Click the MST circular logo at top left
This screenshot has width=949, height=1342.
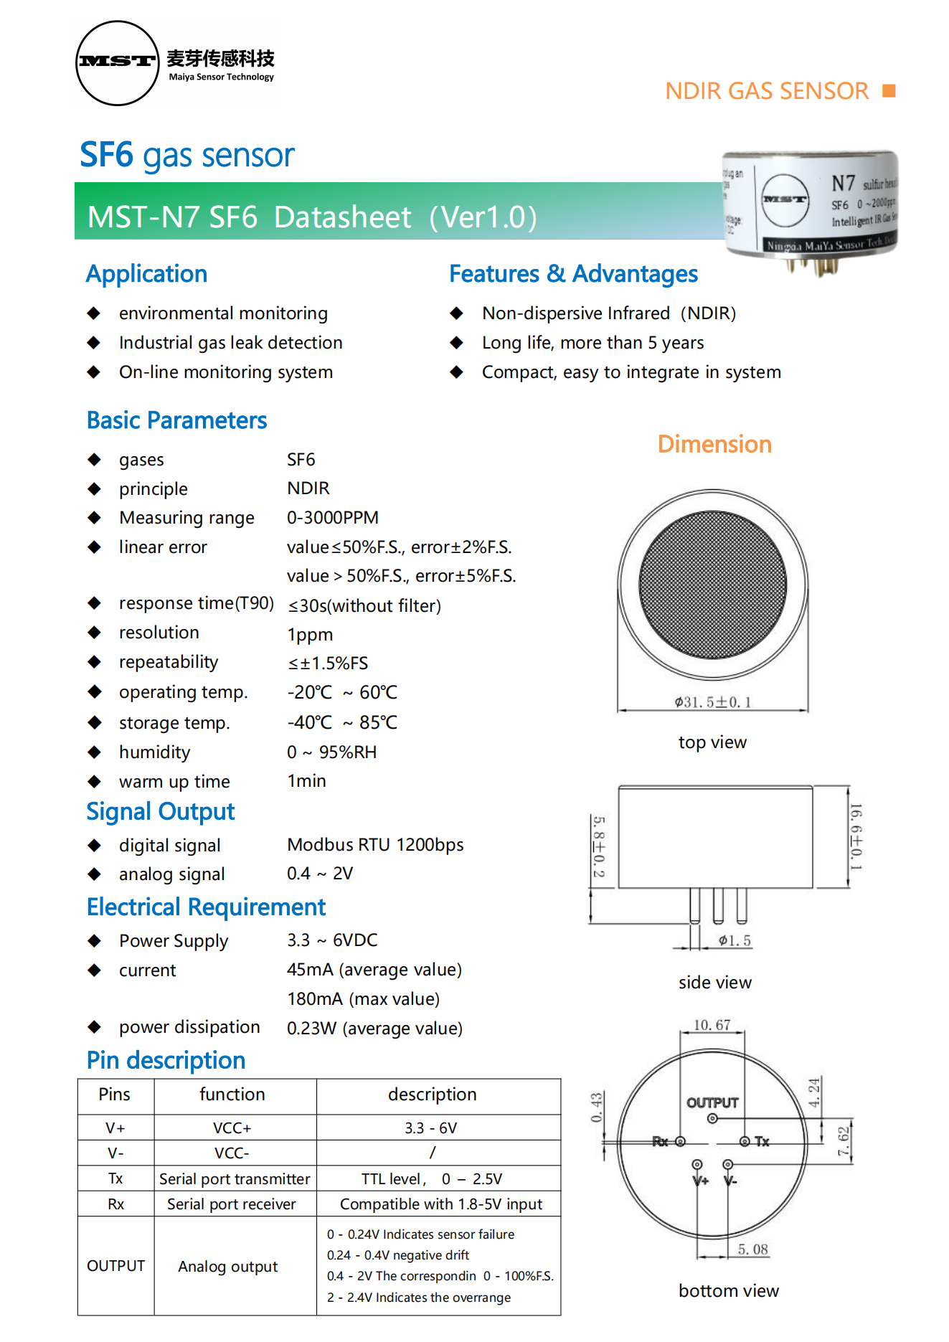tap(117, 63)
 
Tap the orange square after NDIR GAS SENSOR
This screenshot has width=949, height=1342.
tap(889, 90)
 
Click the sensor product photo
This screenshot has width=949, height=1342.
tap(811, 208)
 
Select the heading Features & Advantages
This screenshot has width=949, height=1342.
tap(573, 274)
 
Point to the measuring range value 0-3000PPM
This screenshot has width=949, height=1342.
tap(332, 518)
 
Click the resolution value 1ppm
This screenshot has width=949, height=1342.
tap(310, 635)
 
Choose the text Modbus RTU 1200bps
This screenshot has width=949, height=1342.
tap(375, 845)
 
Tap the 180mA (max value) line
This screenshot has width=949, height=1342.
tap(363, 999)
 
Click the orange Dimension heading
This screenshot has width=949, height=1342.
tap(714, 445)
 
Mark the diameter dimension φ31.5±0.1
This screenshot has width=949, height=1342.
tap(712, 702)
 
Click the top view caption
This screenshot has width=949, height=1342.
tap(712, 742)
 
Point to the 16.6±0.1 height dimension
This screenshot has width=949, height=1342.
tap(856, 836)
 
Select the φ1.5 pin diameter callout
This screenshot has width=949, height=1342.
tap(735, 941)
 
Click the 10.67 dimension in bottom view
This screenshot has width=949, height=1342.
tap(712, 1025)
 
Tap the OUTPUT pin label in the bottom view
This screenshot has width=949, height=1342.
tap(712, 1103)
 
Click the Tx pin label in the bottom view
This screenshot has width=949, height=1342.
tap(762, 1141)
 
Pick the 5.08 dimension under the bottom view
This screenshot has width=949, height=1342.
tap(752, 1249)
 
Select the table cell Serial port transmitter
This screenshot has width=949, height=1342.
tap(235, 1179)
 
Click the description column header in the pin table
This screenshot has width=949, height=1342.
tap(432, 1095)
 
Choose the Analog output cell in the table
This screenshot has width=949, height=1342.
tap(227, 1267)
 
